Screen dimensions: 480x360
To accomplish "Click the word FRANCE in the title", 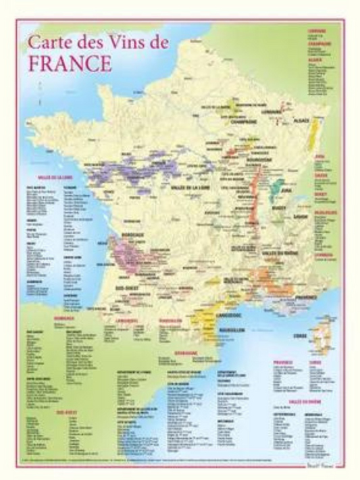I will click(69, 63).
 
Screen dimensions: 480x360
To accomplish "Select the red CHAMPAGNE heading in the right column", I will click(320, 44).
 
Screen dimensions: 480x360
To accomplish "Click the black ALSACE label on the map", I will click(301, 121).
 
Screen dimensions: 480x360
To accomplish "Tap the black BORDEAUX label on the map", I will click(133, 234).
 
